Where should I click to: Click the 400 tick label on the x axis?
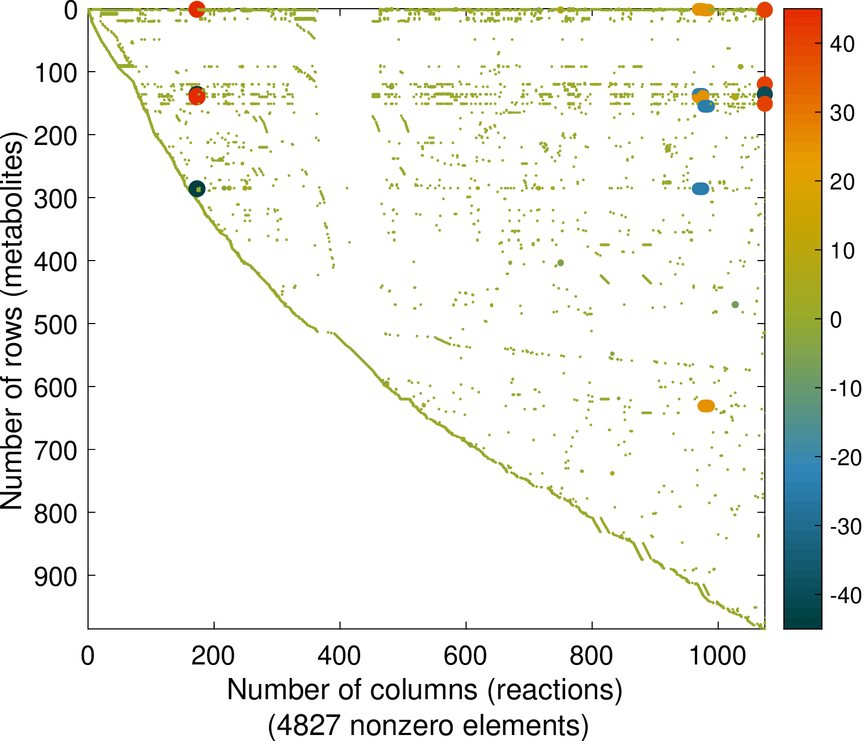click(340, 656)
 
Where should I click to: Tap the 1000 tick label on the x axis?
click(718, 656)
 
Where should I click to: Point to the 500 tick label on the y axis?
click(55, 324)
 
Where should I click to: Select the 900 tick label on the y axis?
click(55, 576)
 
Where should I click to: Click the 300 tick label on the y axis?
click(55, 198)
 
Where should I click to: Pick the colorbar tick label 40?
click(842, 45)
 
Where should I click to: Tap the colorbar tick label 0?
click(836, 320)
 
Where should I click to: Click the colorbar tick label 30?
click(842, 113)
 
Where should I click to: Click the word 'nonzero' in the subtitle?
click(399, 726)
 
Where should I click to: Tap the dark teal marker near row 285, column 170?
click(197, 188)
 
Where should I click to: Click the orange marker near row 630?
click(706, 406)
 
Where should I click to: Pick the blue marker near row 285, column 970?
click(700, 188)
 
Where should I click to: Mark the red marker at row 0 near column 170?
click(197, 9)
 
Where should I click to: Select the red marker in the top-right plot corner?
click(765, 10)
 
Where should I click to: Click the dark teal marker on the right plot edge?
click(765, 94)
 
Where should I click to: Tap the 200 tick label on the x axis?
click(214, 656)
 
